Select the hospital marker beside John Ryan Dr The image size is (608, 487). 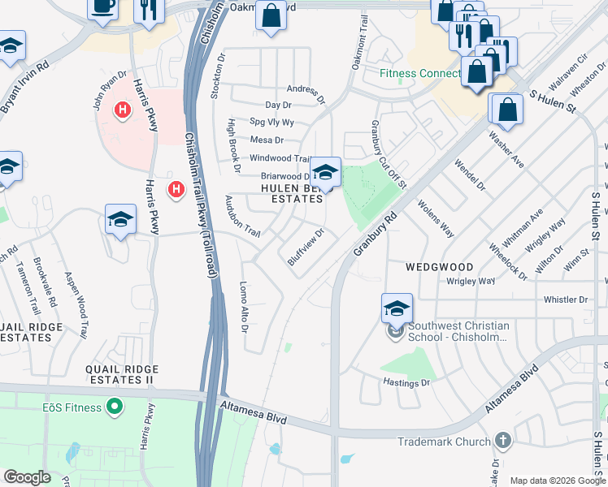pos(123,109)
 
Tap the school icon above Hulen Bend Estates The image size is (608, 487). pos(325,173)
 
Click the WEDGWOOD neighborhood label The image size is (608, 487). pos(439,266)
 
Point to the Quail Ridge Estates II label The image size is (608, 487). pos(122,374)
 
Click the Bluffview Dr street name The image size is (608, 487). pos(306,247)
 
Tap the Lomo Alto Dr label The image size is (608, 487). pos(243,307)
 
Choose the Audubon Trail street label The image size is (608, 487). pos(242,217)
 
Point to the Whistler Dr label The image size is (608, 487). pos(565,299)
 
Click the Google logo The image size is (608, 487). pos(28,476)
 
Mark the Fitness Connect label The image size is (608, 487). pos(420,73)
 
